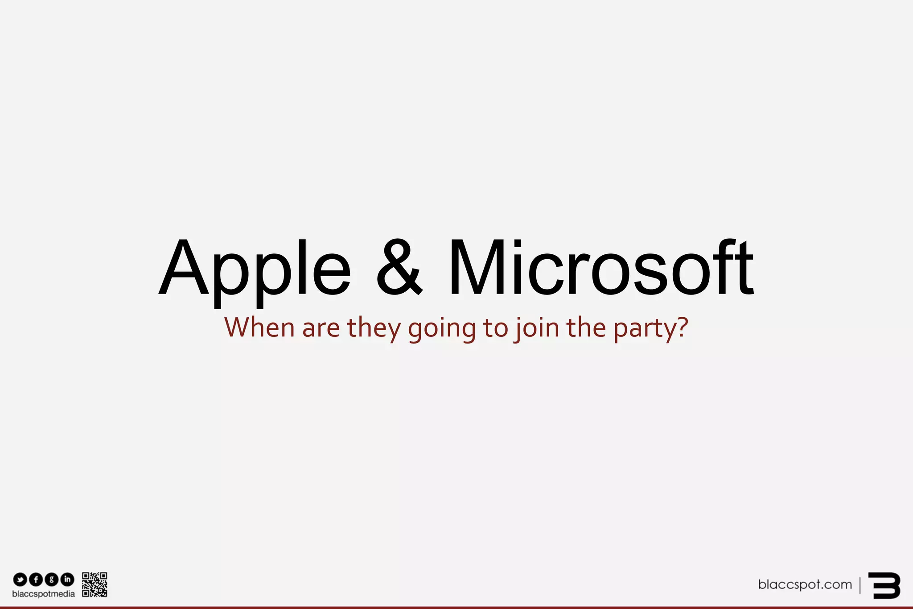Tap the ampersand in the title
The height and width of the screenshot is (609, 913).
[x=399, y=268]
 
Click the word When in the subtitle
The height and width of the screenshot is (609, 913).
[x=259, y=327]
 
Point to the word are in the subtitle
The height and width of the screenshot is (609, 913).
[x=321, y=328]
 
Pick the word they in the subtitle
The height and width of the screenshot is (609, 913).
[x=374, y=328]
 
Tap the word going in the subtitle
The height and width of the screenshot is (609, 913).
[x=442, y=329]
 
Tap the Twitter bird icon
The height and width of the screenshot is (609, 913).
[x=20, y=580]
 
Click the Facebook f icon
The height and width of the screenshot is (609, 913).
[x=36, y=580]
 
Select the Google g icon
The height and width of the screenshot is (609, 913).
[x=52, y=580]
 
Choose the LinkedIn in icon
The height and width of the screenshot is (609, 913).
[x=67, y=580]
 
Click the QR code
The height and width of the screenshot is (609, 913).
[x=95, y=584]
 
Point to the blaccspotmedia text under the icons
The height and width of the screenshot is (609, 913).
[x=44, y=594]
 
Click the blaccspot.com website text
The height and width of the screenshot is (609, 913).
[x=805, y=584]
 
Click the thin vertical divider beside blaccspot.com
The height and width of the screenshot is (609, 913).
[x=860, y=585]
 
